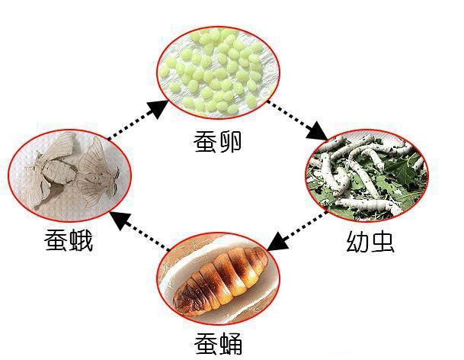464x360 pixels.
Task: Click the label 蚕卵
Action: tap(217, 140)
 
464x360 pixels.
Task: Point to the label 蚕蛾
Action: tap(68, 242)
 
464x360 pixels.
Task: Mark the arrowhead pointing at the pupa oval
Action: tap(277, 242)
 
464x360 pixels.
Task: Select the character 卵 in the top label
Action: tap(229, 140)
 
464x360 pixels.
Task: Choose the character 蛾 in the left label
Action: tap(80, 242)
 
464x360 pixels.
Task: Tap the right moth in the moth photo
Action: tap(98, 169)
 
